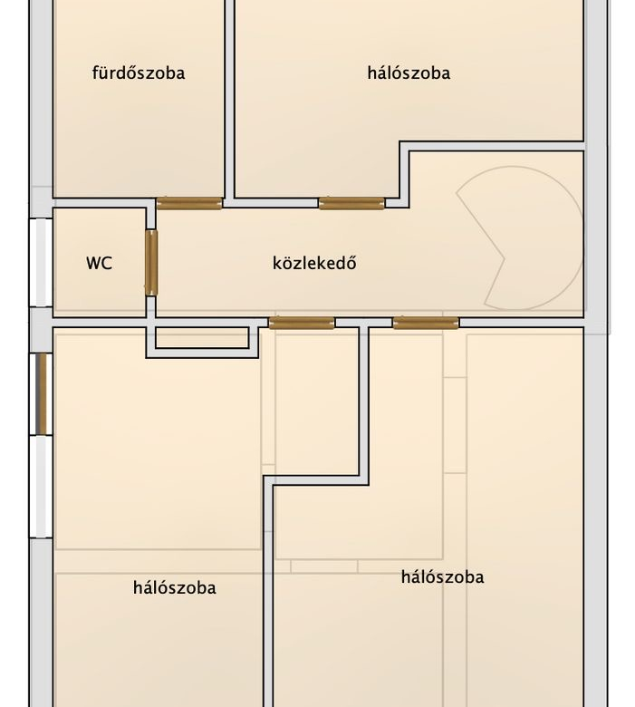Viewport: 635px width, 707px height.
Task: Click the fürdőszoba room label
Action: pyautogui.click(x=139, y=73)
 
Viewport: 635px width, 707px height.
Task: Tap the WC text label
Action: pyautogui.click(x=99, y=264)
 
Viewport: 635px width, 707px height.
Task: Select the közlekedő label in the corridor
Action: pyautogui.click(x=314, y=263)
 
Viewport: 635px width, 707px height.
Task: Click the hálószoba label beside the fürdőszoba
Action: pyautogui.click(x=409, y=73)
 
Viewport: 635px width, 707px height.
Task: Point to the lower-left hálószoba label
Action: pyautogui.click(x=175, y=588)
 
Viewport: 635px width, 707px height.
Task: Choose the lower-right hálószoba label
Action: pyautogui.click(x=443, y=577)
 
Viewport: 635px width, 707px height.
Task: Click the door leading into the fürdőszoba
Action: pyautogui.click(x=189, y=203)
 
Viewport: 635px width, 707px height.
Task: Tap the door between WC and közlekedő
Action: pyautogui.click(x=151, y=263)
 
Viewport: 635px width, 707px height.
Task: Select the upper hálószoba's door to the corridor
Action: pyautogui.click(x=351, y=203)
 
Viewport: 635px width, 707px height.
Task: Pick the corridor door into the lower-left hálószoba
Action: pyautogui.click(x=302, y=323)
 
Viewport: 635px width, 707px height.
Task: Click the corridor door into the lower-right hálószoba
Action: pyautogui.click(x=426, y=323)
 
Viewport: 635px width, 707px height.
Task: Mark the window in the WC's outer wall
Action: pyautogui.click(x=41, y=263)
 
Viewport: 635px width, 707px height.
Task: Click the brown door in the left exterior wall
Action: pyautogui.click(x=41, y=393)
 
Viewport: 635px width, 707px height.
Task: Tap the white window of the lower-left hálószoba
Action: pyautogui.click(x=41, y=487)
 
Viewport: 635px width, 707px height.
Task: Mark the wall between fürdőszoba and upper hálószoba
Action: pyautogui.click(x=230, y=99)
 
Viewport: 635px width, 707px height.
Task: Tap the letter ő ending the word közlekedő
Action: pyautogui.click(x=351, y=262)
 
